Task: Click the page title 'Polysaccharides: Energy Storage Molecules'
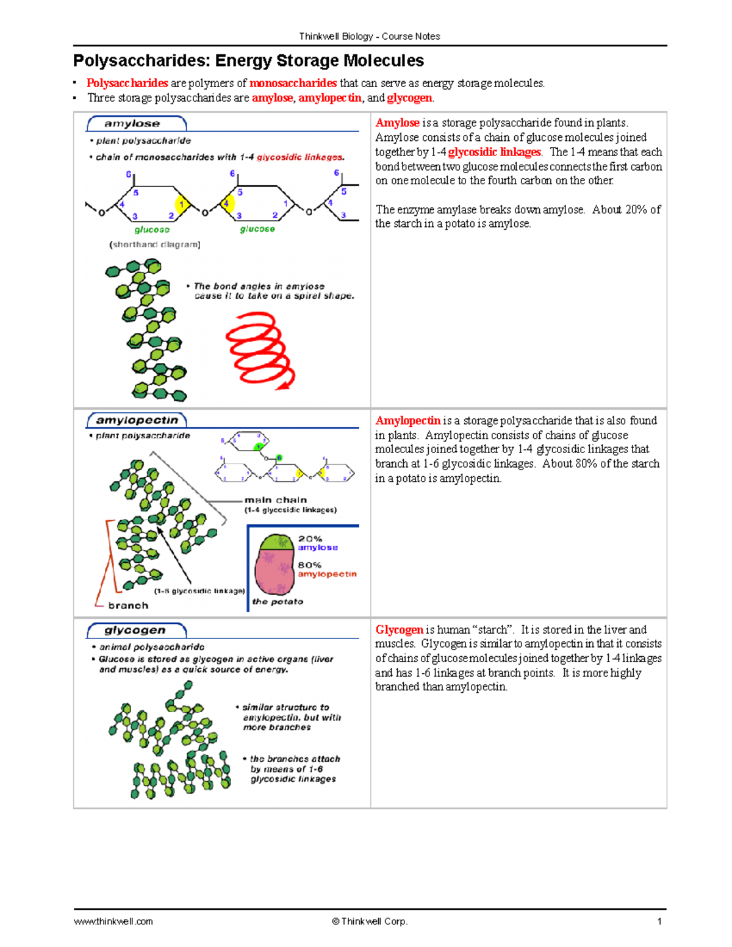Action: [x=248, y=61]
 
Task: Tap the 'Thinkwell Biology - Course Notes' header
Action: [x=369, y=36]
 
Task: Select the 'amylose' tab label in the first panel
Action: [x=132, y=124]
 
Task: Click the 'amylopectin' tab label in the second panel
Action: [x=137, y=420]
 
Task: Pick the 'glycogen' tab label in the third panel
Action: [x=135, y=630]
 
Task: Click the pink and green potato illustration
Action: [x=276, y=564]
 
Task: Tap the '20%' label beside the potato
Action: [x=310, y=538]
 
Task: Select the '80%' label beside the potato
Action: [x=309, y=565]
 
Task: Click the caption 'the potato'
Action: [x=278, y=602]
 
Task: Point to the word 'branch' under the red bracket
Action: [x=128, y=606]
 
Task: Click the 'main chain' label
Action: [x=276, y=500]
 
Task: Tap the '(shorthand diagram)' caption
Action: [x=155, y=245]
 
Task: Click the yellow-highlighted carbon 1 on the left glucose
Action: [x=181, y=204]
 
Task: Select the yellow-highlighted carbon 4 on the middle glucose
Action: [x=227, y=204]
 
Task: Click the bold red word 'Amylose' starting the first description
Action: [x=397, y=123]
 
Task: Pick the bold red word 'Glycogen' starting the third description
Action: [x=399, y=630]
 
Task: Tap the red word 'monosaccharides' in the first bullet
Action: [x=293, y=83]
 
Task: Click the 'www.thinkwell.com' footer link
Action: [x=113, y=921]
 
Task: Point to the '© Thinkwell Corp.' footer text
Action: [x=370, y=921]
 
